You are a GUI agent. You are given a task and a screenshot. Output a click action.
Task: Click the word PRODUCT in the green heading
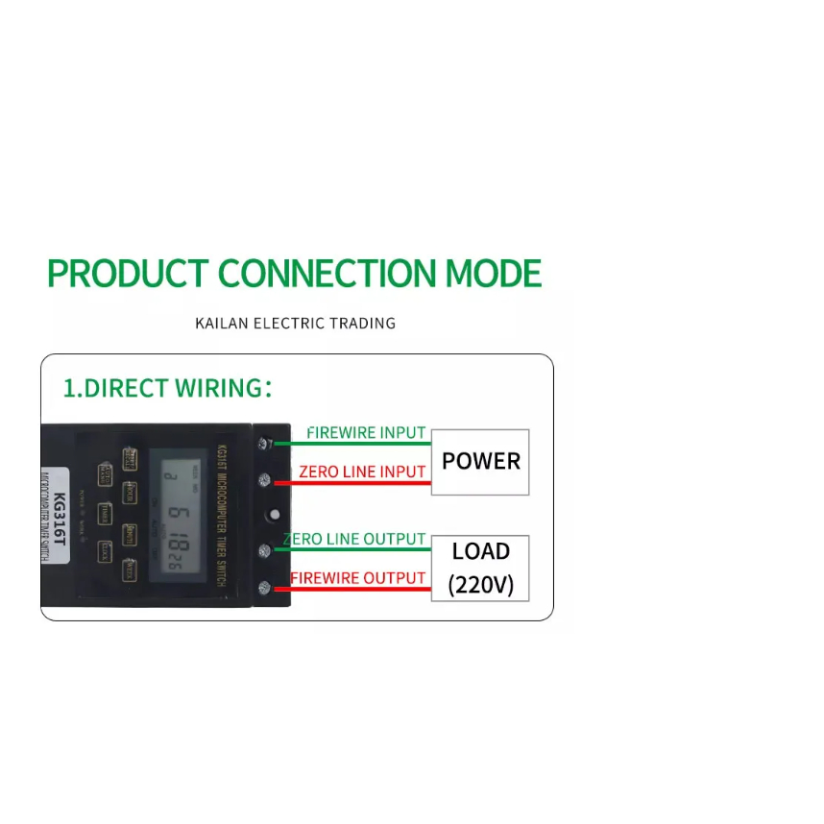click(x=126, y=274)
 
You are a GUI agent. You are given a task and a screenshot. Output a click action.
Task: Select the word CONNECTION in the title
click(x=328, y=274)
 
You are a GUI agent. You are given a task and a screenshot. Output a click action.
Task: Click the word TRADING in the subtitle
click(x=362, y=323)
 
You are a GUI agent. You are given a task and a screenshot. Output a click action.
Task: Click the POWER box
click(x=480, y=462)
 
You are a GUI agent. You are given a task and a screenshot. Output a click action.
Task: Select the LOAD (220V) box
click(x=480, y=568)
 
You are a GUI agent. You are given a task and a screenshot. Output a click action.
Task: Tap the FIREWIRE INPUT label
click(x=365, y=433)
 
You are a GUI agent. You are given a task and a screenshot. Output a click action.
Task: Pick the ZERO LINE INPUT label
click(x=361, y=472)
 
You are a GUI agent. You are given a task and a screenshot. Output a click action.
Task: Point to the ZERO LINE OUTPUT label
click(x=353, y=539)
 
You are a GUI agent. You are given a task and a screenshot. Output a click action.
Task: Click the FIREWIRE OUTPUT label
click(x=357, y=578)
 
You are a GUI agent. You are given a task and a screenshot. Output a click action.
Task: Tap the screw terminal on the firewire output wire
click(x=263, y=587)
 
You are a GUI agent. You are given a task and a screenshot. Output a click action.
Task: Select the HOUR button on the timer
click(x=131, y=494)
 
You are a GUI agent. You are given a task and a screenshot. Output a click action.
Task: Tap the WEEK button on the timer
click(x=131, y=572)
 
